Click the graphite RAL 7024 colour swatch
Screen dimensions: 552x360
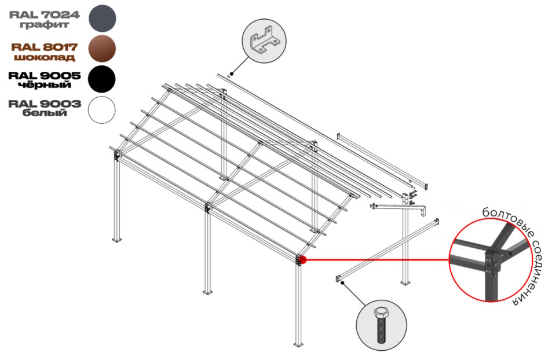(x=102, y=19)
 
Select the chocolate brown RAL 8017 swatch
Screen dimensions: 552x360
(x=102, y=49)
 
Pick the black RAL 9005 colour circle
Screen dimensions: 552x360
(x=102, y=79)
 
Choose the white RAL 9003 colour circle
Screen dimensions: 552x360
(x=102, y=110)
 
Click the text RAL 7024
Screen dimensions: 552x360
(x=45, y=15)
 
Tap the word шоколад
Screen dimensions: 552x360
(x=44, y=57)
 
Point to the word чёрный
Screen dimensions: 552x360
(x=45, y=85)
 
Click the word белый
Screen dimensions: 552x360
(x=45, y=113)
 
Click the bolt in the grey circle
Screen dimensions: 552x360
(x=381, y=325)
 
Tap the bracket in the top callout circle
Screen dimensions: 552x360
(x=264, y=42)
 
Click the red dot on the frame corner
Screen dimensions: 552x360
(x=304, y=260)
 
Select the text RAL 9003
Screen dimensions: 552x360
(x=45, y=104)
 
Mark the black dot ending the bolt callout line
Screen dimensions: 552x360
(x=342, y=282)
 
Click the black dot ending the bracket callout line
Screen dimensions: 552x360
(x=232, y=74)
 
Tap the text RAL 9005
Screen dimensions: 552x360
(x=45, y=76)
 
